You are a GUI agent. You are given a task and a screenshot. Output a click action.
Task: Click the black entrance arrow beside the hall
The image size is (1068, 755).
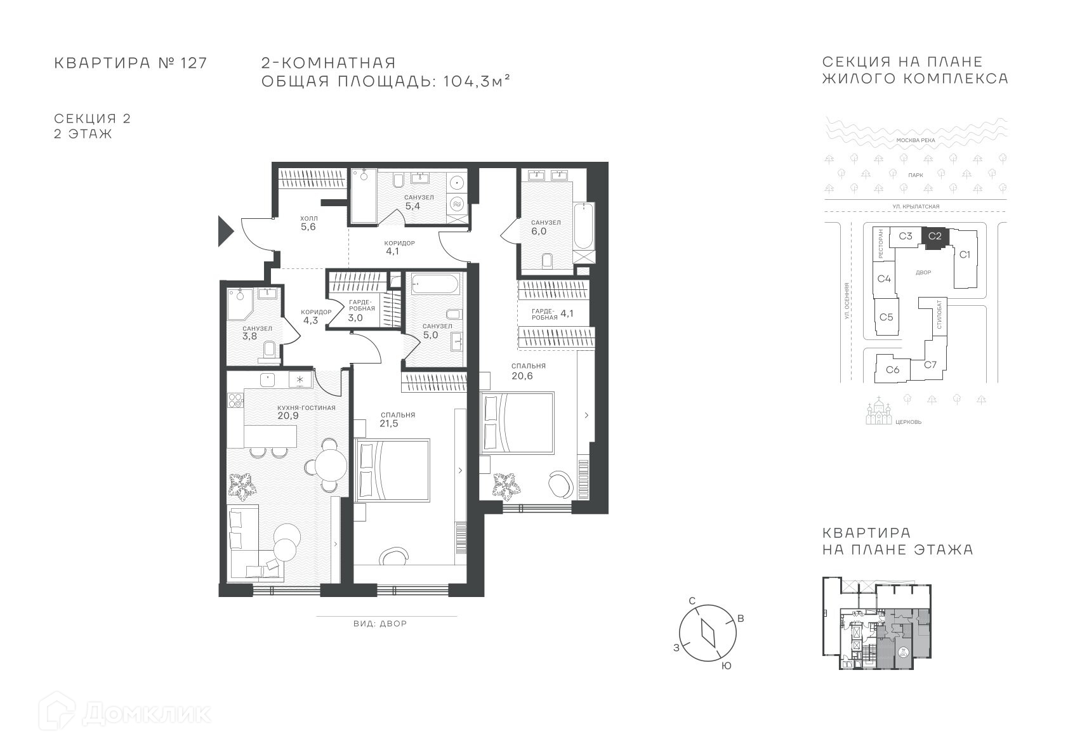pyautogui.click(x=225, y=231)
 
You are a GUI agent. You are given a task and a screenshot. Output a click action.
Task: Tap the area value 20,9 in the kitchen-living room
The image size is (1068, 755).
pyautogui.click(x=288, y=416)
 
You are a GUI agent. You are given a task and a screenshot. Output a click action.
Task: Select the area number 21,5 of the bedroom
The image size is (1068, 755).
pyautogui.click(x=389, y=423)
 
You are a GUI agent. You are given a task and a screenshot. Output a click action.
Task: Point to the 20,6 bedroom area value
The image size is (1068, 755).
pyautogui.click(x=522, y=376)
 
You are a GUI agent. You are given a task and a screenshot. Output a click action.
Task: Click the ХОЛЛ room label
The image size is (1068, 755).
pyautogui.click(x=309, y=218)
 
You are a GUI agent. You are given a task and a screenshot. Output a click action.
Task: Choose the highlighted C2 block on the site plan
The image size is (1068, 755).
pyautogui.click(x=935, y=236)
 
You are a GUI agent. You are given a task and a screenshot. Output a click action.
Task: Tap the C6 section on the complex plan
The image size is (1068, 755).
pyautogui.click(x=893, y=369)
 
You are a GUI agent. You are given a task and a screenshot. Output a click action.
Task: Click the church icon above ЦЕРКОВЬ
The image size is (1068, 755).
pyautogui.click(x=879, y=410)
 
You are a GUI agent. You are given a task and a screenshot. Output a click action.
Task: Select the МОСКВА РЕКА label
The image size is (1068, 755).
pyautogui.click(x=916, y=140)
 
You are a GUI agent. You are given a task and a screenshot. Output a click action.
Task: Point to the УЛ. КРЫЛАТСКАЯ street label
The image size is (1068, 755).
pyautogui.click(x=916, y=206)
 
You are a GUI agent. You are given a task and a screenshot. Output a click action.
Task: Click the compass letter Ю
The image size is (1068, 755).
pyautogui.click(x=726, y=666)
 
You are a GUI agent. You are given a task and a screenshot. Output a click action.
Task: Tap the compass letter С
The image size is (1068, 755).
pyautogui.click(x=692, y=601)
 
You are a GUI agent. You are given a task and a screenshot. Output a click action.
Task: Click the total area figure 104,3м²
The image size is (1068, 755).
pyautogui.click(x=477, y=81)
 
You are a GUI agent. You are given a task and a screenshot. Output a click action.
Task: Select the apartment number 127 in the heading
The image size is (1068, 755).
pyautogui.click(x=194, y=63)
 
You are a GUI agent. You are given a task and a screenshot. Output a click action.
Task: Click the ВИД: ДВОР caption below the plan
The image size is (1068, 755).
pyautogui.click(x=380, y=624)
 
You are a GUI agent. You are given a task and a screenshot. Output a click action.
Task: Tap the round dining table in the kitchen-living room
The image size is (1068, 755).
pyautogui.click(x=331, y=464)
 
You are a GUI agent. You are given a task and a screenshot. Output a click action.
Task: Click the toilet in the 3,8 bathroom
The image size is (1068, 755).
pyautogui.click(x=270, y=350)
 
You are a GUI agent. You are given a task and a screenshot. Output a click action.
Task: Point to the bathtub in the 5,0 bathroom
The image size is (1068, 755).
pyautogui.click(x=435, y=284)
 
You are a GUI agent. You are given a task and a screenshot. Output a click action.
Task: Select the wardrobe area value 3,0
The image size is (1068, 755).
pyautogui.click(x=355, y=318)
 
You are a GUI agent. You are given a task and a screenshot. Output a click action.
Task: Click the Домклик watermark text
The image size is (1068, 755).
pyautogui.click(x=147, y=713)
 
